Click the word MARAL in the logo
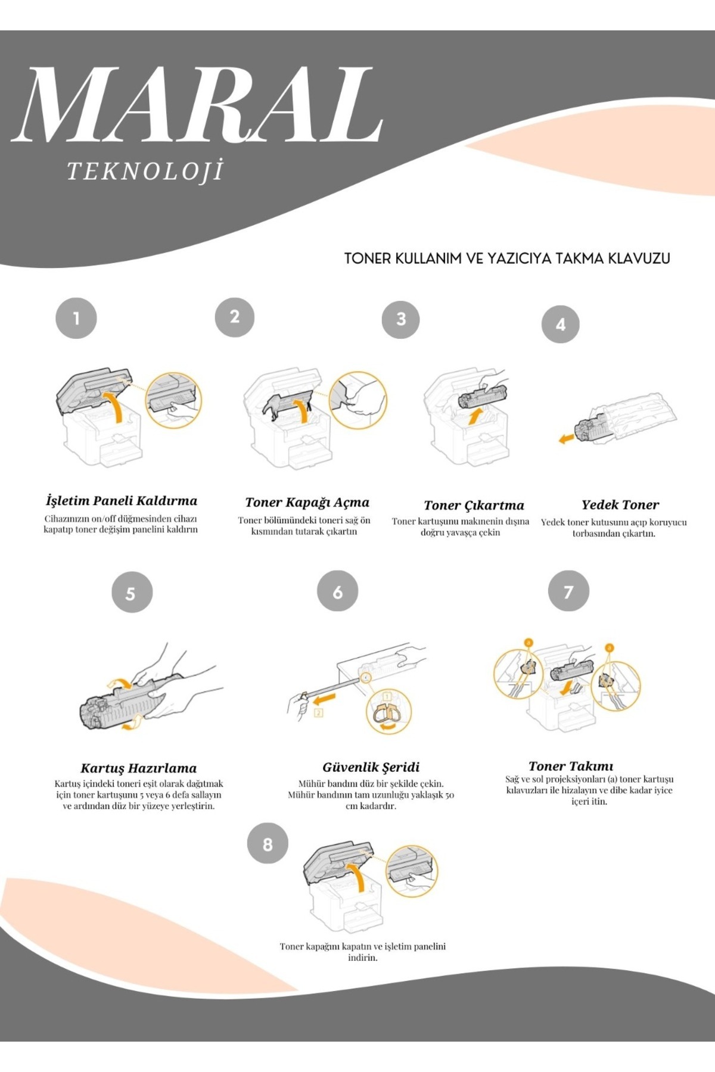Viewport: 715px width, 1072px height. pyautogui.click(x=197, y=105)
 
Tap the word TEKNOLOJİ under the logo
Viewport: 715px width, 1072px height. pyautogui.click(x=145, y=171)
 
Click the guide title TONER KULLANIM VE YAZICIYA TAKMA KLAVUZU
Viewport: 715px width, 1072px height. pyautogui.click(x=507, y=258)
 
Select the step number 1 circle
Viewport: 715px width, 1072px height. pyautogui.click(x=76, y=319)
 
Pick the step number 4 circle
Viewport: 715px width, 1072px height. pyautogui.click(x=561, y=325)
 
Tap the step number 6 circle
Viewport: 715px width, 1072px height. pyautogui.click(x=338, y=591)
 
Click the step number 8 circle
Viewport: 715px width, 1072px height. pyautogui.click(x=268, y=844)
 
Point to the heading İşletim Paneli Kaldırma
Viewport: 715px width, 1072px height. pyautogui.click(x=122, y=501)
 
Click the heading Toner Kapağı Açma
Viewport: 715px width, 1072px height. pyautogui.click(x=307, y=503)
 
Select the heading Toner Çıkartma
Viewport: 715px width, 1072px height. pyautogui.click(x=474, y=506)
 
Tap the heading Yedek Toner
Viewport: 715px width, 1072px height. pyautogui.click(x=620, y=505)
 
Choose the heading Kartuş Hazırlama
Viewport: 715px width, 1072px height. pyautogui.click(x=139, y=768)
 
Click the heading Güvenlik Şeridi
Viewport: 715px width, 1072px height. pyautogui.click(x=371, y=768)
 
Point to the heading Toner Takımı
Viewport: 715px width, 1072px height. pyautogui.click(x=571, y=766)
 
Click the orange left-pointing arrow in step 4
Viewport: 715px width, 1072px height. pyautogui.click(x=566, y=439)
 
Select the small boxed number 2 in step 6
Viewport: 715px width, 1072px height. pyautogui.click(x=319, y=713)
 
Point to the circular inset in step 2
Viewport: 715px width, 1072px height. pyautogui.click(x=358, y=400)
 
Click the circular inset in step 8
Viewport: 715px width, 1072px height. pyautogui.click(x=411, y=871)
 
